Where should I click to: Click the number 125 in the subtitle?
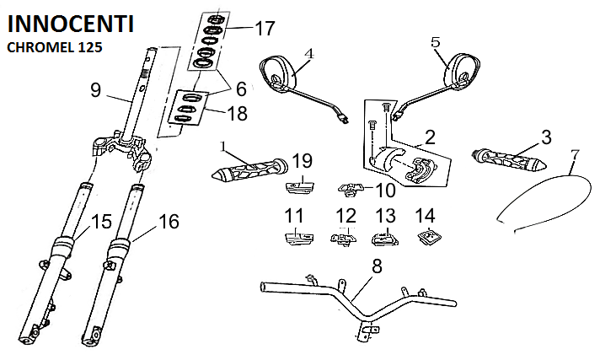pyautogui.click(x=89, y=47)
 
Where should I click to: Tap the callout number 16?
pyautogui.click(x=169, y=222)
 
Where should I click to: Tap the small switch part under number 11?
pyautogui.click(x=294, y=237)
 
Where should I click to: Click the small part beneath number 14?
pyautogui.click(x=426, y=237)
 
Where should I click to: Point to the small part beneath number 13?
pyautogui.click(x=384, y=238)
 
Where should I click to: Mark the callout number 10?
pyautogui.click(x=385, y=191)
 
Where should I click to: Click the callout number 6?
pyautogui.click(x=240, y=88)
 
